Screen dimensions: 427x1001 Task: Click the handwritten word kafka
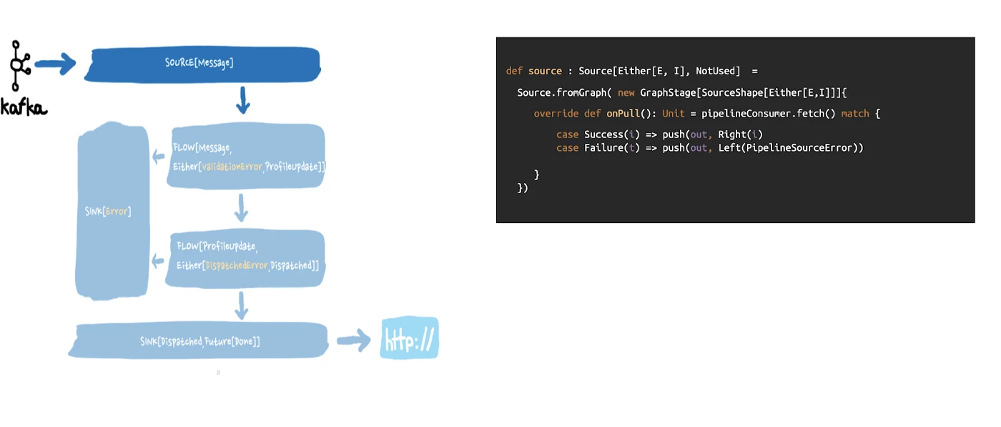pos(24,109)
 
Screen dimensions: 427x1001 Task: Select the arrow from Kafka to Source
pos(55,65)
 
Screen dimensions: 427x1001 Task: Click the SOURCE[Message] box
pos(199,63)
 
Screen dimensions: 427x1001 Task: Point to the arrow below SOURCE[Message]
pos(243,100)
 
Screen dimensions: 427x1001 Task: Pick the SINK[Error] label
pos(108,211)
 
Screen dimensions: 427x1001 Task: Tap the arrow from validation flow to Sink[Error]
pos(158,157)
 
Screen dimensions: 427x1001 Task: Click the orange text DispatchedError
pos(237,265)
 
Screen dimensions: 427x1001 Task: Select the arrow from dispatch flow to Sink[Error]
pos(158,262)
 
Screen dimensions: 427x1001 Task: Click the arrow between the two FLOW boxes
pos(242,207)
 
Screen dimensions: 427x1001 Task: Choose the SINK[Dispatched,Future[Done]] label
pos(200,342)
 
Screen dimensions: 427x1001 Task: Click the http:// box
pos(409,338)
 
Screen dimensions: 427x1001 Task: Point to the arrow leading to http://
pos(353,340)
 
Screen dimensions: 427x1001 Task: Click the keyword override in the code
pos(556,114)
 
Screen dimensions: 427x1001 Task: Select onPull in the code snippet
pos(623,114)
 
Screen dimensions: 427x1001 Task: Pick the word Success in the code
pos(603,134)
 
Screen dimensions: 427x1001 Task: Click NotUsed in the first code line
pos(718,72)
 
